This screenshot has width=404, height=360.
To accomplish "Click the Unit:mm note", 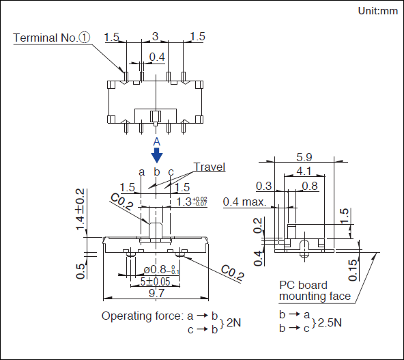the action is point(377,11).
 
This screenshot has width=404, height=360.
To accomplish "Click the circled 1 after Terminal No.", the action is point(85,38).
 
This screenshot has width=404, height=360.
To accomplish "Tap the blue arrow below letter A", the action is point(157,155).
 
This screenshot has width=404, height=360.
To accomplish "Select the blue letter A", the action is point(157,141).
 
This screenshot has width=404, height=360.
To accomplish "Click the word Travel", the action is point(210,167).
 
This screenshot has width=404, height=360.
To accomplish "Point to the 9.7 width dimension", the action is point(156,293).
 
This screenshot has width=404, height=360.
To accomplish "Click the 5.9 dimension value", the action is point(304,157).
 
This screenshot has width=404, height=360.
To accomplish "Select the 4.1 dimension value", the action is point(304,171).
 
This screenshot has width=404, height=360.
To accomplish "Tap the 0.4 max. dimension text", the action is point(244,202).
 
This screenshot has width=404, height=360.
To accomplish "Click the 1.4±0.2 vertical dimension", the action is point(80,209).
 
